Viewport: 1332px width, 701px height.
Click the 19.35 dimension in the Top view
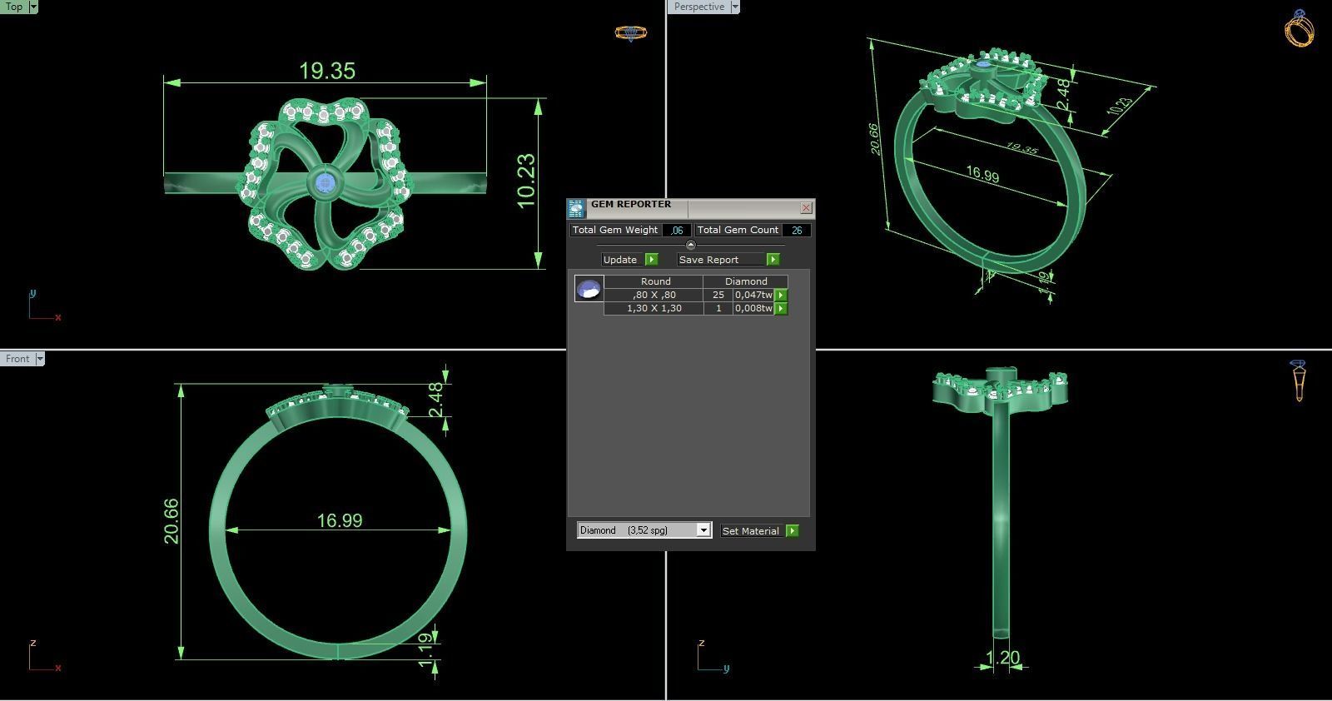click(x=327, y=71)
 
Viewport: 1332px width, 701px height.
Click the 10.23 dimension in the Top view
click(x=526, y=181)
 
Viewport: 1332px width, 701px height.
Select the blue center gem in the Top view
click(x=324, y=184)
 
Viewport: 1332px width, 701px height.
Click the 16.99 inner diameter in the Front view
click(x=339, y=520)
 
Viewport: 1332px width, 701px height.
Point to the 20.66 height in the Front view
click(x=171, y=521)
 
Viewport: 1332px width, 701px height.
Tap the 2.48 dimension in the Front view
click(x=436, y=400)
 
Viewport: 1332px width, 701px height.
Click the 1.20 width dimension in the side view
click(x=1002, y=658)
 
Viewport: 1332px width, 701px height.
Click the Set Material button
click(x=751, y=530)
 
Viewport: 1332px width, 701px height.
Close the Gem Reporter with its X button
click(x=806, y=207)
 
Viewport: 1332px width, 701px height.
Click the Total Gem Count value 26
click(x=797, y=230)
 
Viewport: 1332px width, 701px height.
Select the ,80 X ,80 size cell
click(x=654, y=295)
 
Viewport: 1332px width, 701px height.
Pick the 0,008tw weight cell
click(x=753, y=308)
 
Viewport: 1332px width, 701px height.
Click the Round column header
click(x=655, y=281)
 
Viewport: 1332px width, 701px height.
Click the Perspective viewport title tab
click(x=698, y=7)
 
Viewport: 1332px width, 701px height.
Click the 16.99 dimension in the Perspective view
click(x=982, y=175)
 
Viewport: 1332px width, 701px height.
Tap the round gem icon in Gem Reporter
click(x=589, y=289)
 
